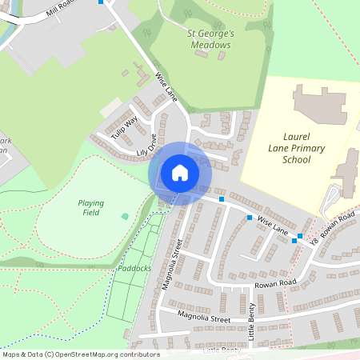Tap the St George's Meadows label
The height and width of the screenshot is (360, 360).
click(x=209, y=39)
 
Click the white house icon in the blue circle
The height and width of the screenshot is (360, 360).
click(x=180, y=173)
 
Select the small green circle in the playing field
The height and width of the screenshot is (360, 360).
click(x=125, y=216)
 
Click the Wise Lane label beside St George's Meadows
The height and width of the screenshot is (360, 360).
click(x=166, y=88)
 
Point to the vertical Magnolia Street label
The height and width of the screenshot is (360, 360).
click(x=170, y=269)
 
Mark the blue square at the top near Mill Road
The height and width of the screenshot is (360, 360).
click(x=101, y=2)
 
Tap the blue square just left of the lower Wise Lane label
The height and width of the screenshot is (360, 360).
click(x=250, y=218)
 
